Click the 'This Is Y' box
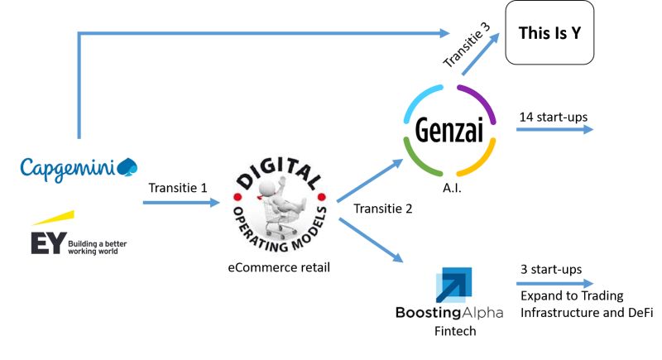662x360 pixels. [x=549, y=34]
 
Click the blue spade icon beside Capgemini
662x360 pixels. [x=127, y=166]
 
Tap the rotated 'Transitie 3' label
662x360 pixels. [x=466, y=46]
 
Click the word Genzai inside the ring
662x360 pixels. [x=449, y=130]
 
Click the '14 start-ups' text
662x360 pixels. [x=553, y=117]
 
